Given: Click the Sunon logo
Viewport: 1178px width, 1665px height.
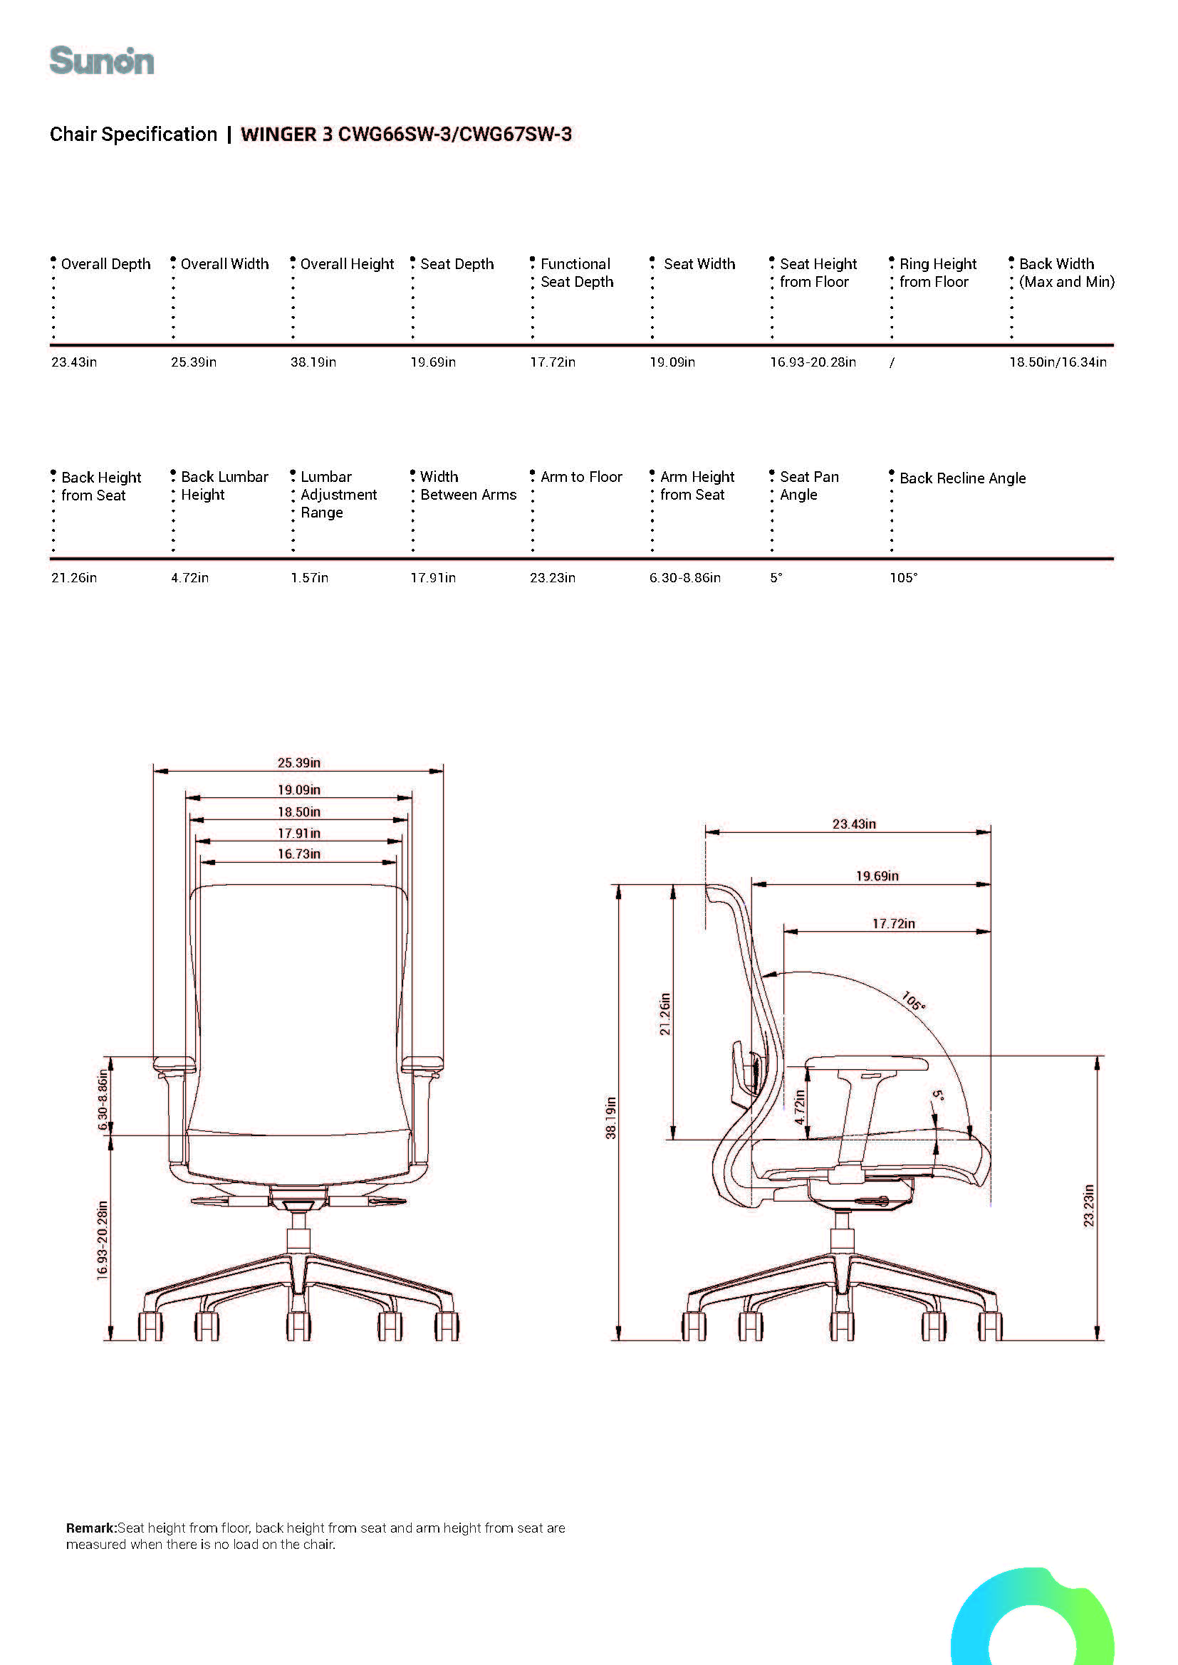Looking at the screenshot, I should click(x=102, y=61).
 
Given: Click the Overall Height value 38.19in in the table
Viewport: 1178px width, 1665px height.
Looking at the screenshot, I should click(x=313, y=362).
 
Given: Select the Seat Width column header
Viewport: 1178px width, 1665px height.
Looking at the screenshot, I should click(x=699, y=264).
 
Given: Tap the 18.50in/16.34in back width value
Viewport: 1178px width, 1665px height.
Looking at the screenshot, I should click(x=1058, y=362).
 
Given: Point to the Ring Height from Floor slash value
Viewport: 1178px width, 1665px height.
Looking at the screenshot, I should click(x=892, y=362).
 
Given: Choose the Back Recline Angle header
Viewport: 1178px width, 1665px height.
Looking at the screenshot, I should click(x=963, y=478).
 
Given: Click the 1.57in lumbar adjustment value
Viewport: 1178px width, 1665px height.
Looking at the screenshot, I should click(x=310, y=577).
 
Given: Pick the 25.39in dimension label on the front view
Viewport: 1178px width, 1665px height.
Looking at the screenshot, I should click(x=299, y=762).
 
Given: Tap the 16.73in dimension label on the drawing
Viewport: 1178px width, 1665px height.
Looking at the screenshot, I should click(x=299, y=853).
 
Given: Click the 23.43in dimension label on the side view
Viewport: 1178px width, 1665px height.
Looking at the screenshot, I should click(x=854, y=824).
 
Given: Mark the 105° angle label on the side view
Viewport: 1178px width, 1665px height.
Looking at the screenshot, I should click(x=914, y=1001).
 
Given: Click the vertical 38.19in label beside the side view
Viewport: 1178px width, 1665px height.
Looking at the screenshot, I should click(x=611, y=1118).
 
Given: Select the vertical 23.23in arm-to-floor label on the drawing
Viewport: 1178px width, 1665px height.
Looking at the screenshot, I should click(x=1088, y=1206).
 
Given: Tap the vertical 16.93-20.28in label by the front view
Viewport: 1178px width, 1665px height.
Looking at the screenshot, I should click(x=103, y=1241).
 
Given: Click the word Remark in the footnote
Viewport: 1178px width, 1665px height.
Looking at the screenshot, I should click(x=90, y=1528).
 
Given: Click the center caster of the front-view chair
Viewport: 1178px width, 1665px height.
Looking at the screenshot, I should click(x=298, y=1325).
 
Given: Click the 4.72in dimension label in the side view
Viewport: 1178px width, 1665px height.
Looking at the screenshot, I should click(x=799, y=1107).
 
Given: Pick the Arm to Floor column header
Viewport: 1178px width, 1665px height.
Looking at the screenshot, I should click(x=581, y=476).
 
